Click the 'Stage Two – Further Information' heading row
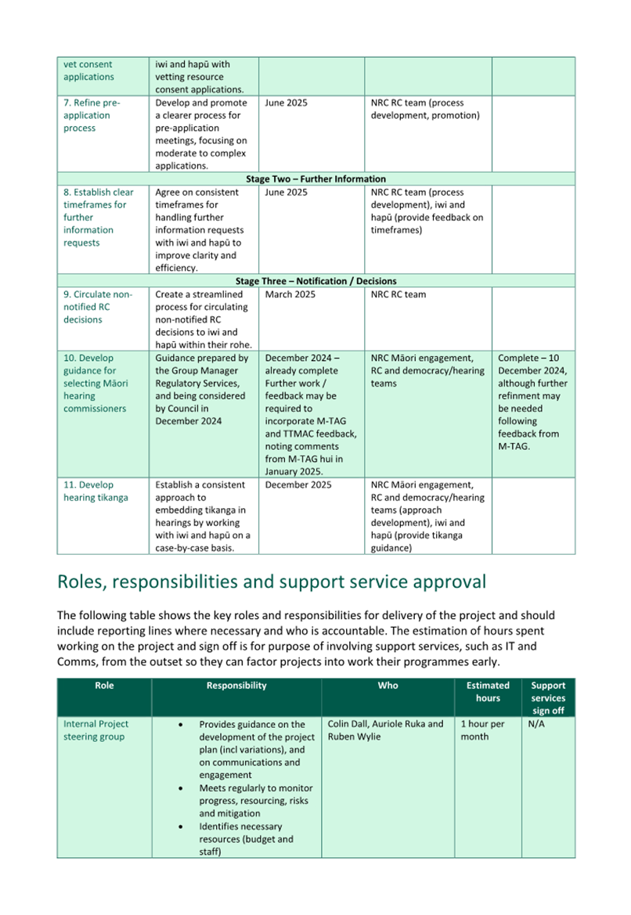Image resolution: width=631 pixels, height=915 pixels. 315,179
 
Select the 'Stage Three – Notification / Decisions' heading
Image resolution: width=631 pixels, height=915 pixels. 315,281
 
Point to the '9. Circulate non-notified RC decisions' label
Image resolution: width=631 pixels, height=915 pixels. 98,307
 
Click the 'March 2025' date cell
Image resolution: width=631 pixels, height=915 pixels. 290,295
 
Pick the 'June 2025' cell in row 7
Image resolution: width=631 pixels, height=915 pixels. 286,103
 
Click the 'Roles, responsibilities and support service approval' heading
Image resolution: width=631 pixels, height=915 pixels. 272,582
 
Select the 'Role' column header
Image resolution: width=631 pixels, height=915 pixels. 104,686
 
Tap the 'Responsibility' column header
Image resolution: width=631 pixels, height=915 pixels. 236,686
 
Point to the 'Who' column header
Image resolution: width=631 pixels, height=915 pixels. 388,686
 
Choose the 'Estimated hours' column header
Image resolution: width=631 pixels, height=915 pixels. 488,691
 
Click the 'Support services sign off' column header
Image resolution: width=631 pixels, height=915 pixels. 548,697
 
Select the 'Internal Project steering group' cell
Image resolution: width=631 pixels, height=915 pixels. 96,730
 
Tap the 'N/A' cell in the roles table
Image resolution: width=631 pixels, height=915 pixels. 536,724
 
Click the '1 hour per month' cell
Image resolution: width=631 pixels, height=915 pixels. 482,730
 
